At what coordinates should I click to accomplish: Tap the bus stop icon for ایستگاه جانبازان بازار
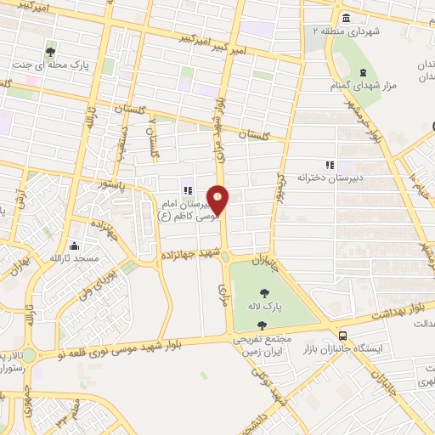point(342,335)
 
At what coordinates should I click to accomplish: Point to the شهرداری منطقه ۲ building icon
point(346,19)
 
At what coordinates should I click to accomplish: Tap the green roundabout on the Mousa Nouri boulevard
point(31,355)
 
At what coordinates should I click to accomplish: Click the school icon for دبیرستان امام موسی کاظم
point(187,191)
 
